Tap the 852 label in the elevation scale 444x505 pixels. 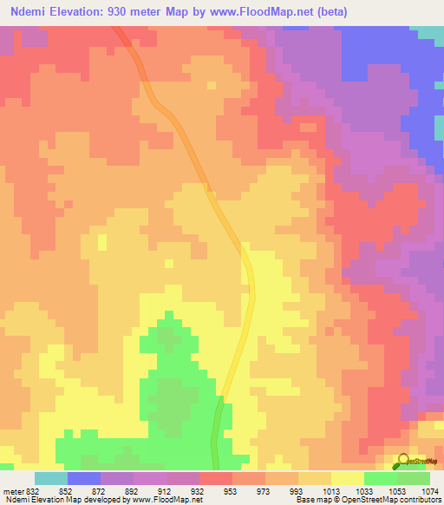(x=67, y=490)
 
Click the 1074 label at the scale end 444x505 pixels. (x=430, y=490)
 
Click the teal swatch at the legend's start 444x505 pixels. (x=50, y=478)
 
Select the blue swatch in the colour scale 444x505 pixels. (x=83, y=478)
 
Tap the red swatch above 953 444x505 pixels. (x=215, y=478)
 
